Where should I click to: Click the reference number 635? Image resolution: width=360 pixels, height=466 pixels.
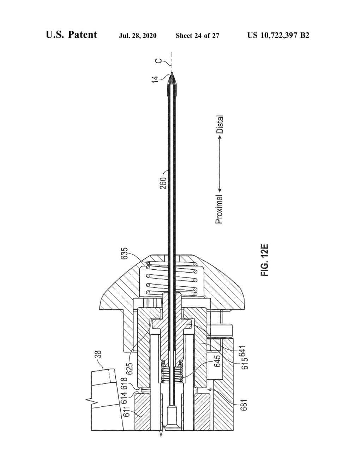125,253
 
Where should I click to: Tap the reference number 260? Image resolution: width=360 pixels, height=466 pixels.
163,183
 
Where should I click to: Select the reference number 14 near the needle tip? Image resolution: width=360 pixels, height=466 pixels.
155,79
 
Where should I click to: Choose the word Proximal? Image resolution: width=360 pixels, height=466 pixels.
219,209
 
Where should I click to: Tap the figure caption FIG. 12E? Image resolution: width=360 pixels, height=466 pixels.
265,260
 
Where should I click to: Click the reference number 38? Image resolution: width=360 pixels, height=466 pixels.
98,356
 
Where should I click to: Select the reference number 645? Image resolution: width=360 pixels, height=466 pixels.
217,361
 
